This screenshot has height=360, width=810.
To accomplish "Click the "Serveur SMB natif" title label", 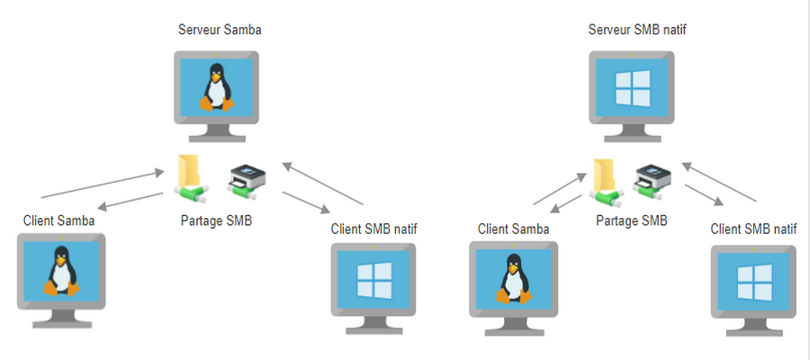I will click(x=631, y=31).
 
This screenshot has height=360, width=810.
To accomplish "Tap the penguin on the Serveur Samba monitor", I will click(x=216, y=87).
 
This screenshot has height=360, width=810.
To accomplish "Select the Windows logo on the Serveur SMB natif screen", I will click(x=631, y=88).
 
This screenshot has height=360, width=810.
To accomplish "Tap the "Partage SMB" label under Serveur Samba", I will click(x=217, y=220).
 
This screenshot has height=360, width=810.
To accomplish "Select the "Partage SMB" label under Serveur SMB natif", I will click(x=632, y=220).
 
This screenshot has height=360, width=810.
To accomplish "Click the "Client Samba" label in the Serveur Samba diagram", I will click(x=58, y=220).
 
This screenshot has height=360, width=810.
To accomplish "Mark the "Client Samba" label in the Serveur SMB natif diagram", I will click(x=513, y=229).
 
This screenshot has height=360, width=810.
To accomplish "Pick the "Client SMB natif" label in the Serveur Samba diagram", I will click(x=374, y=229).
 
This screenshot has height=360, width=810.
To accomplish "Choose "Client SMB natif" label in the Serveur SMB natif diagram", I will click(x=753, y=229).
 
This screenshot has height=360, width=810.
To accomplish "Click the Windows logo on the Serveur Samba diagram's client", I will click(x=374, y=278).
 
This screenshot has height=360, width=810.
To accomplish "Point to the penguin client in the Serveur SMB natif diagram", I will click(x=513, y=278).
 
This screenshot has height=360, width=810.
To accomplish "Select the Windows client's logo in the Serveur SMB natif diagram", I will click(x=754, y=283).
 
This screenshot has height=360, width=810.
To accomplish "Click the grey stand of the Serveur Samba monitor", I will click(x=216, y=131).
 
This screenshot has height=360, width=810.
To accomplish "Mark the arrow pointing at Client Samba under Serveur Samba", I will click(x=130, y=201).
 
